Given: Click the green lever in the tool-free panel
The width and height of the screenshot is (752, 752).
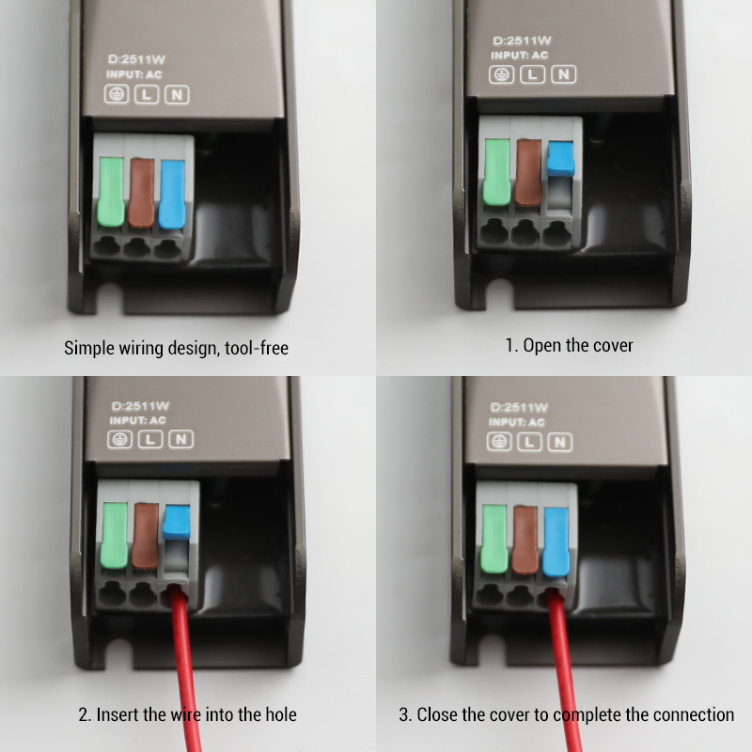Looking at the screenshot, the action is pyautogui.click(x=111, y=193).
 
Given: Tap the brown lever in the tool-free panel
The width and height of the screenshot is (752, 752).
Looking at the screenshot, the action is pyautogui.click(x=142, y=193).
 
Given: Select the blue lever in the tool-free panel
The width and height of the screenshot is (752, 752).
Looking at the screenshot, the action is pyautogui.click(x=172, y=195).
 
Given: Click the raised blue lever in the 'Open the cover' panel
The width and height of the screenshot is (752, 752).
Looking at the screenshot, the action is pyautogui.click(x=560, y=158).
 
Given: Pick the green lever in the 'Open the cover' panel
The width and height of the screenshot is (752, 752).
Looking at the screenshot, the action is pyautogui.click(x=497, y=172).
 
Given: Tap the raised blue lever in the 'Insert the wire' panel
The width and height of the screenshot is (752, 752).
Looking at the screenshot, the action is pyautogui.click(x=177, y=522).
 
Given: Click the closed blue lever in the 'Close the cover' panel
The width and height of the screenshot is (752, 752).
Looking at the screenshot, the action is pyautogui.click(x=556, y=542).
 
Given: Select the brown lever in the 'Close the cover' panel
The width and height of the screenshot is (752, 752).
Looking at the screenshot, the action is pyautogui.click(x=525, y=540).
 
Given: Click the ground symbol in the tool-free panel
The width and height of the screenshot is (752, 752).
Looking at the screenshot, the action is pyautogui.click(x=117, y=94).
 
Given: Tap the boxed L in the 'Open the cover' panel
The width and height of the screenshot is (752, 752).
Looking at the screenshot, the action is pyautogui.click(x=532, y=74).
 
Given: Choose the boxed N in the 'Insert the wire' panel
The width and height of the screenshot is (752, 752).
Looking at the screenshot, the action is pyautogui.click(x=180, y=439).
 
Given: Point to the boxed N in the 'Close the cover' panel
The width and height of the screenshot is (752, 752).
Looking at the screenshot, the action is pyautogui.click(x=559, y=442).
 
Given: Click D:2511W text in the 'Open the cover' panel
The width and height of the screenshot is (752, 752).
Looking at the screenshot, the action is pyautogui.click(x=523, y=40).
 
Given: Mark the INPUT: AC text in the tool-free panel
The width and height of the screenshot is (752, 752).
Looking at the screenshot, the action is pyautogui.click(x=134, y=74).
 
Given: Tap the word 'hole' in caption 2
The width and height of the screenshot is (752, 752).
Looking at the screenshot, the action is pyautogui.click(x=281, y=714).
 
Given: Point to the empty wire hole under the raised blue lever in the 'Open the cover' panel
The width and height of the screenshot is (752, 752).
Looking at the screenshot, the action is pyautogui.click(x=556, y=234).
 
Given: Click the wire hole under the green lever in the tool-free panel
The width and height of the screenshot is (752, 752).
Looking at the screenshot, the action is pyautogui.click(x=106, y=246).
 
